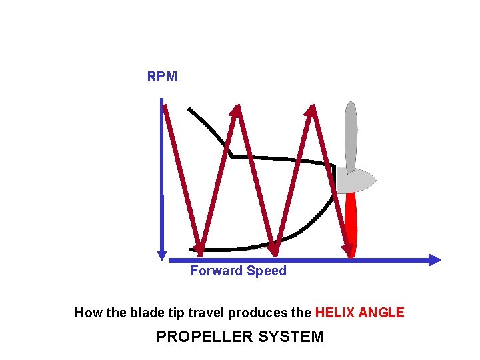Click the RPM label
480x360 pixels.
point(162,77)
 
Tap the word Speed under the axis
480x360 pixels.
point(267,271)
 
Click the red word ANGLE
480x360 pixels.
point(381,313)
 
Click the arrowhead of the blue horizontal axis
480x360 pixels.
point(435,260)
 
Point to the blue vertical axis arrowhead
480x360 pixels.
point(162,255)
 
